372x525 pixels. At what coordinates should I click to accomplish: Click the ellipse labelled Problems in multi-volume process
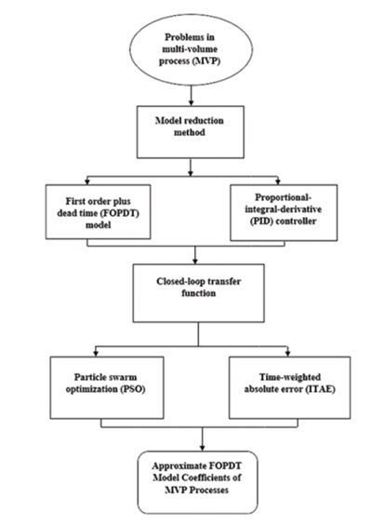point(191,49)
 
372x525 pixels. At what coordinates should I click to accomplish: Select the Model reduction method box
point(191,132)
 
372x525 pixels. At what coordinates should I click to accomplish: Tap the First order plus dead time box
point(98,211)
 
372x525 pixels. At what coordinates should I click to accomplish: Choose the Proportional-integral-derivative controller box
point(284,212)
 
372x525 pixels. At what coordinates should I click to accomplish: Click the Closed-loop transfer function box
point(198,293)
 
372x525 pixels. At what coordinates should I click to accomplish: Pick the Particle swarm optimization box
point(107,387)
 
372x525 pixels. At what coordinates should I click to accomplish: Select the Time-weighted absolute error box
point(290,387)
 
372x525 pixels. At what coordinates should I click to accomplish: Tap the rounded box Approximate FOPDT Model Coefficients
point(197,482)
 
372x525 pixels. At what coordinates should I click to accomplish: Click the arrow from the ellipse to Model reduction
point(191,96)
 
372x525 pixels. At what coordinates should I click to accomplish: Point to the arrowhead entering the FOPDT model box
point(87,182)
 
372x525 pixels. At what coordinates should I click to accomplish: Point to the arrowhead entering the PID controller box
point(278,182)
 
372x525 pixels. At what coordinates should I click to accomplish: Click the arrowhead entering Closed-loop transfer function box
point(195,262)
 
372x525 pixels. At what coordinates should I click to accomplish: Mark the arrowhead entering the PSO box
point(96,354)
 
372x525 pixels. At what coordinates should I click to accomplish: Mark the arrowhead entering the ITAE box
point(287,354)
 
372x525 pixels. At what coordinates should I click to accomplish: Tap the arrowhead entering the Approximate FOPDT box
point(202,448)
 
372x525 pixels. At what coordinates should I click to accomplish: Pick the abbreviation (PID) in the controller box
point(261,222)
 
